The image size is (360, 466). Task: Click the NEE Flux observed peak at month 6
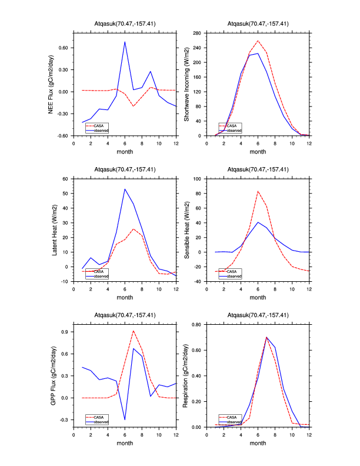pyautogui.click(x=125, y=42)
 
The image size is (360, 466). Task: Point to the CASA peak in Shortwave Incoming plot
pyautogui.click(x=258, y=41)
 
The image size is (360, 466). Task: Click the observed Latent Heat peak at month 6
pyautogui.click(x=125, y=189)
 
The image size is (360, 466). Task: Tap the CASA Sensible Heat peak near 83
pyautogui.click(x=258, y=191)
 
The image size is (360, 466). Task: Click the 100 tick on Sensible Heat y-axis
pyautogui.click(x=198, y=178)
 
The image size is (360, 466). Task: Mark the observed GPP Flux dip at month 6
pyautogui.click(x=125, y=420)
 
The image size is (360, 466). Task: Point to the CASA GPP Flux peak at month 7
pyautogui.click(x=134, y=331)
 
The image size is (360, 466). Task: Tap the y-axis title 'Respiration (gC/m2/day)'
pyautogui.click(x=185, y=375)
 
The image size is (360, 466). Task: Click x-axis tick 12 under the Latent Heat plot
pyautogui.click(x=176, y=288)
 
